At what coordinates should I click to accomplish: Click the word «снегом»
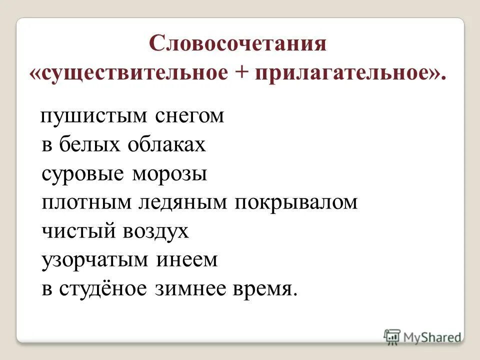[x=189, y=116]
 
